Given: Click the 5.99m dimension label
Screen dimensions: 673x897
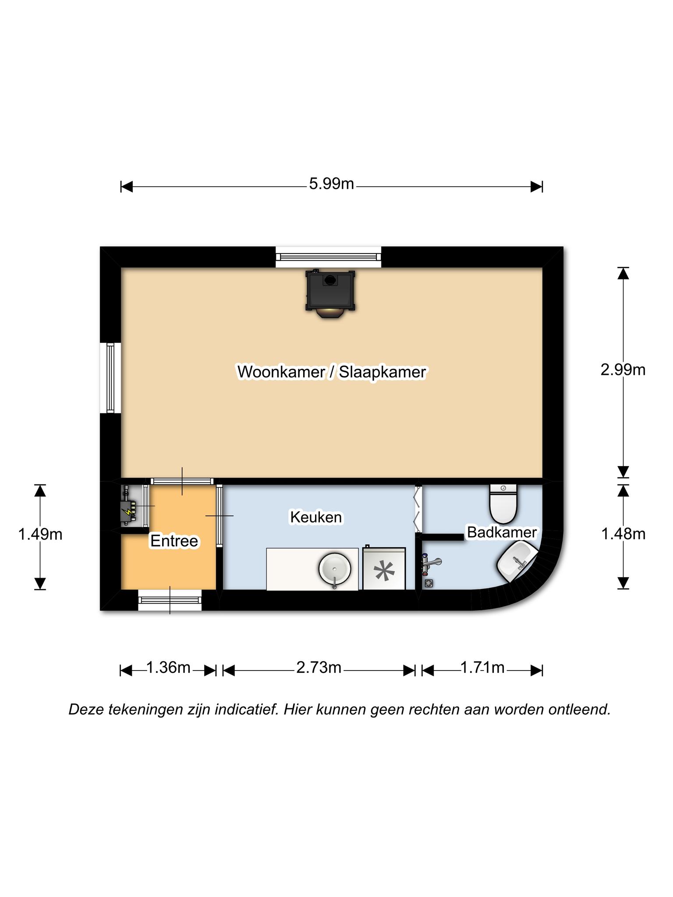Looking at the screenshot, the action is coord(331,184).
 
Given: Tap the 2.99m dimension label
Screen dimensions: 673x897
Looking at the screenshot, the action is coord(623,370).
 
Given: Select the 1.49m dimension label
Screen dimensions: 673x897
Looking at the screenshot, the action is coord(40,534).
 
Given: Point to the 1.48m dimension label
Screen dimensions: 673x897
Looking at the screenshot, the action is coord(623,534).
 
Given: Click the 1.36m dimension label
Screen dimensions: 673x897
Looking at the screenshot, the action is coord(168,667).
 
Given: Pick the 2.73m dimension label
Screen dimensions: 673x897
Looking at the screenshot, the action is coord(319,667).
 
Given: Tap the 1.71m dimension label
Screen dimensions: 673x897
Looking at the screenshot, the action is coord(482,667).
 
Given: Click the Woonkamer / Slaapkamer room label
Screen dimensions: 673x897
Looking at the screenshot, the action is coord(332,372).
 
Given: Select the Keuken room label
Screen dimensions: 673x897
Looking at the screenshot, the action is coord(316,517).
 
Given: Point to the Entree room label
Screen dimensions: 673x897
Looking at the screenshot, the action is coord(174,541).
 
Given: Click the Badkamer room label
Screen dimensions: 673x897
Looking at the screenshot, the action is coord(502,532).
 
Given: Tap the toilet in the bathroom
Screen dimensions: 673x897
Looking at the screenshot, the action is coord(503,504).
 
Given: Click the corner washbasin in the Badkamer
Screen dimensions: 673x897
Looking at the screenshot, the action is coord(517,561).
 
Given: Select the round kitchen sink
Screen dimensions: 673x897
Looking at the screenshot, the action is coord(335,569).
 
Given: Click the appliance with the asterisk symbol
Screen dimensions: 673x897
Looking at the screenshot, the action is coord(384,568).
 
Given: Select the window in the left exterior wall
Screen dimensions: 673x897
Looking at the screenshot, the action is coord(110,378).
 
